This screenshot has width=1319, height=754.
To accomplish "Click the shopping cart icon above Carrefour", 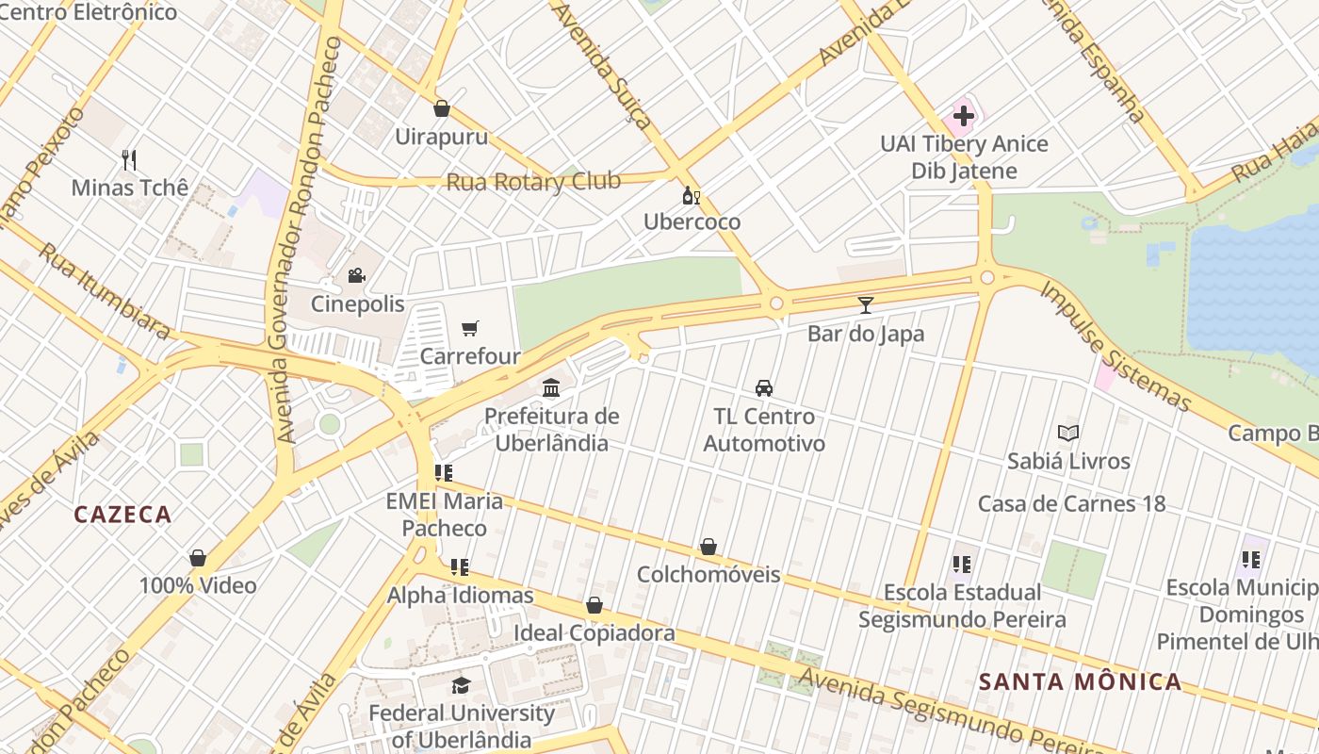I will click(469, 328).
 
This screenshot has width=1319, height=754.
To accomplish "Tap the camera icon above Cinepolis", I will click(356, 275).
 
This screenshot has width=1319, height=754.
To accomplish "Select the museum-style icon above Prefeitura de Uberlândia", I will click(551, 387).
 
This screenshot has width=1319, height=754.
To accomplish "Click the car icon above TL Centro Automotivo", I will click(764, 387).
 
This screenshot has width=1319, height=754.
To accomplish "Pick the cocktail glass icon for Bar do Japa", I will click(866, 304).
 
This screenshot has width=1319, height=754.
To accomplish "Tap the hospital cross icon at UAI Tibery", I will click(963, 117).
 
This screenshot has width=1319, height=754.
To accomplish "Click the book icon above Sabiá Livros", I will click(1067, 433).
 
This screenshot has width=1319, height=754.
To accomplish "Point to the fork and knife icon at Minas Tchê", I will click(129, 159).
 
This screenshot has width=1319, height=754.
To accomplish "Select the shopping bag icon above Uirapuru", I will click(441, 108).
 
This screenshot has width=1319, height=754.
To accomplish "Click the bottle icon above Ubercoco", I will click(691, 195).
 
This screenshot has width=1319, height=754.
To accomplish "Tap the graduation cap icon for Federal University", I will click(460, 685).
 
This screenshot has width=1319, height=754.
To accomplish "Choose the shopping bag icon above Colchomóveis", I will click(708, 547).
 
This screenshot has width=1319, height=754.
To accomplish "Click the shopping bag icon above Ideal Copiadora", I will click(594, 605).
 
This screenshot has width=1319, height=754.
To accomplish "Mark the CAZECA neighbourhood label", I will click(122, 515).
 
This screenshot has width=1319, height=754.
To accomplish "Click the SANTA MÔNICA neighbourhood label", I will click(1080, 681).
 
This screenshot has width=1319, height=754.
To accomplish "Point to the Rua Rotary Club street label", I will click(533, 181).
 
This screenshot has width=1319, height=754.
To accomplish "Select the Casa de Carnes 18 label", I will click(1071, 503).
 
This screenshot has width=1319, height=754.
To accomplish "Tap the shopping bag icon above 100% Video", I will click(198, 558).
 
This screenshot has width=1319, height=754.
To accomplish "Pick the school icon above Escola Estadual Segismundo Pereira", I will click(961, 565).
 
